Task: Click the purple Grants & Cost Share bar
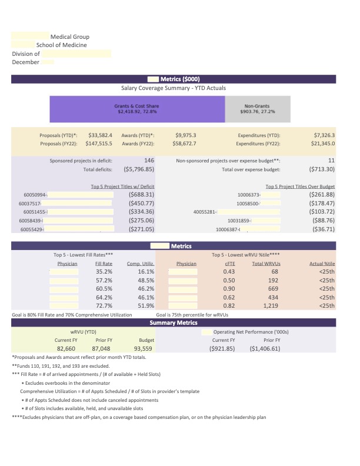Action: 136,109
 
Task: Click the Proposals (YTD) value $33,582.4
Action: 100,135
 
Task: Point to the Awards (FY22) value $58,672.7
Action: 186,143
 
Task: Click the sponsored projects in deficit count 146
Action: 149,160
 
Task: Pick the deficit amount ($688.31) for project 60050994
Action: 141,194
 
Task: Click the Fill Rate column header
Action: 104,264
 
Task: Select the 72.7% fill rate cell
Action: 104,306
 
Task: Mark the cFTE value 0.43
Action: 229,272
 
